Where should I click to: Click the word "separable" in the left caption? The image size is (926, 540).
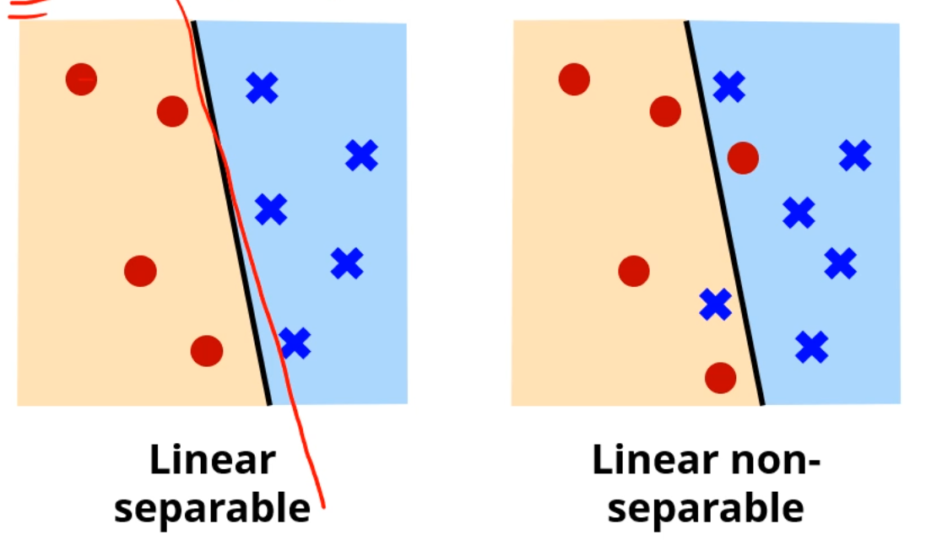point(212,508)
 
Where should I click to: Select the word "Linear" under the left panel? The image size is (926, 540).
point(212,461)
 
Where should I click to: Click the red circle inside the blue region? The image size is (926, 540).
point(743,157)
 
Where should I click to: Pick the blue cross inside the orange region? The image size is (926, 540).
point(716,304)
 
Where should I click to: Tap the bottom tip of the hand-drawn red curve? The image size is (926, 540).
point(323,507)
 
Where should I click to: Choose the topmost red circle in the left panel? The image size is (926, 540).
point(81,79)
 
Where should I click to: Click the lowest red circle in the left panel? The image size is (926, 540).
point(207,350)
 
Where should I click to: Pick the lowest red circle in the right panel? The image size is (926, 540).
point(720,377)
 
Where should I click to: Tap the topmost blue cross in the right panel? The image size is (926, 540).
point(729,86)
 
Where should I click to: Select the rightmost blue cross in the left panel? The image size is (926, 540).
point(361,155)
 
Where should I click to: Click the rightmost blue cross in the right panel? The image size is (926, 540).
point(855,155)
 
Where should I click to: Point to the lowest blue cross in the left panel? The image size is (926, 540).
point(295,343)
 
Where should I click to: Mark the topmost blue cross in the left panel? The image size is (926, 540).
point(262,87)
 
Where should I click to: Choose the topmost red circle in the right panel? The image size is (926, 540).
point(574,79)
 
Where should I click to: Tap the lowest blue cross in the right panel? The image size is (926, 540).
point(811,347)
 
